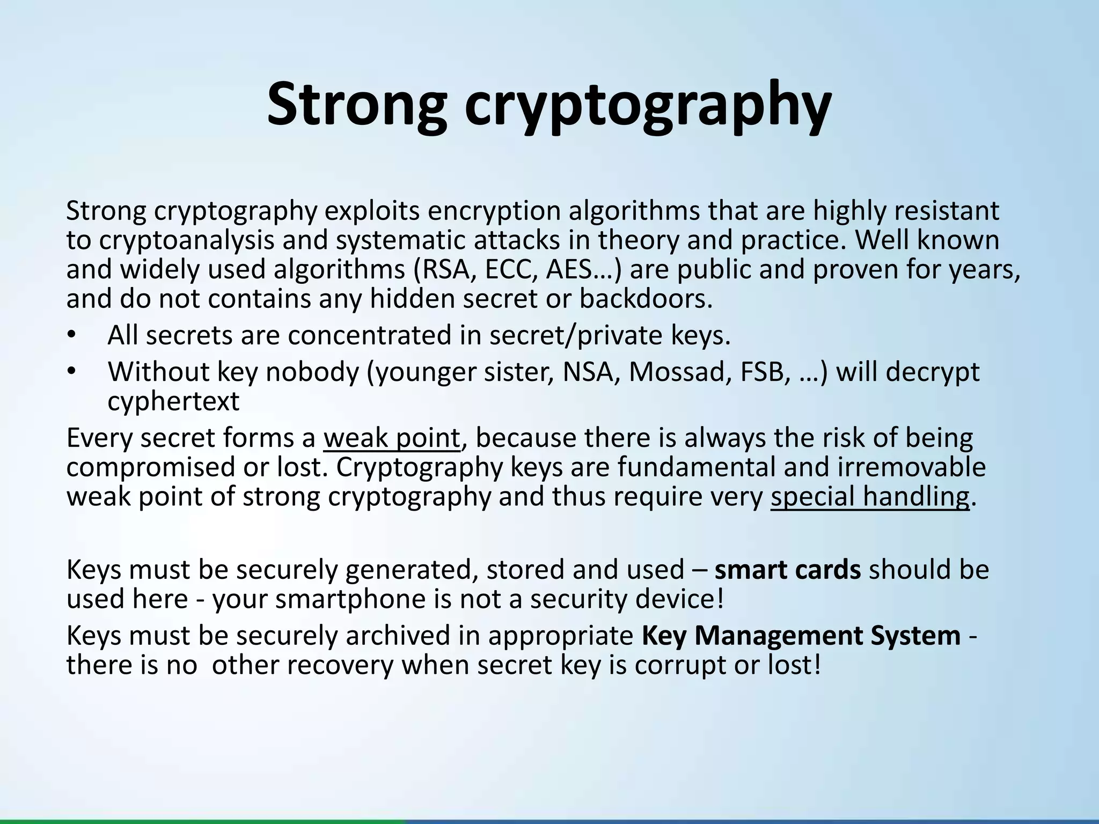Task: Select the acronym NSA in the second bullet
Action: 588,372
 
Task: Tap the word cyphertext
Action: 173,401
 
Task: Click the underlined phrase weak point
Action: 392,438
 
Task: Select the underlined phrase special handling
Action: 869,496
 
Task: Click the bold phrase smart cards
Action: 788,570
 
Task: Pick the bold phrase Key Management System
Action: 801,636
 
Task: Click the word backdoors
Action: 646,299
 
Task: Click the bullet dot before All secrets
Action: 72,336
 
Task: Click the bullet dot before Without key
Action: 72,372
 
